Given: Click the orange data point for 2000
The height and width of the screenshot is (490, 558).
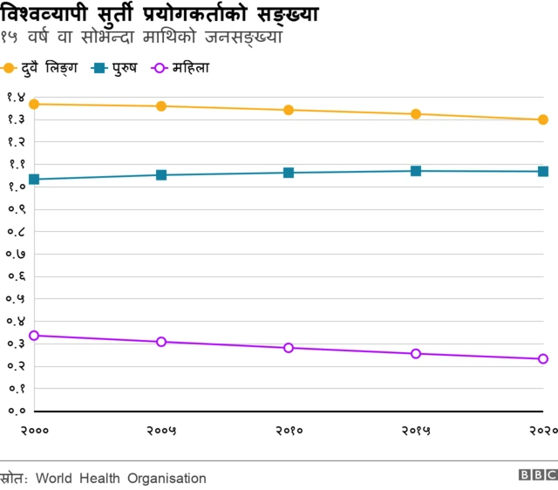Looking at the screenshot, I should coord(34,104).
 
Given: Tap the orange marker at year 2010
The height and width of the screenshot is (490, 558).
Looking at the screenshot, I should coord(289,110).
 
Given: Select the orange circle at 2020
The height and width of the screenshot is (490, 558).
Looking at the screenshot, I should coord(542,119).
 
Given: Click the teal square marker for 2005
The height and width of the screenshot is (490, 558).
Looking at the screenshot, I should coord(161,175).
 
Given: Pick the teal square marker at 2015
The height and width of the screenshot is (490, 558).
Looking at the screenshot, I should coord(416,171).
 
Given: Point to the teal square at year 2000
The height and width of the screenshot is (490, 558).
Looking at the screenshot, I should coord(34,180).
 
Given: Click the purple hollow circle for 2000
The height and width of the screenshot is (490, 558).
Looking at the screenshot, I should coord(34,335).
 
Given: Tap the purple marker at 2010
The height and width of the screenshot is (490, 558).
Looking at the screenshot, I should coord(289,348).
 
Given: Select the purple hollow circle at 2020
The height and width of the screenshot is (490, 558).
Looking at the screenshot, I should coord(542,359).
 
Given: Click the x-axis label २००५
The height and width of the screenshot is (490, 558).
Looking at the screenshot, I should coord(161,430).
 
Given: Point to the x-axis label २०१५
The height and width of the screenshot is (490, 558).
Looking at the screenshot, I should coord(416,430).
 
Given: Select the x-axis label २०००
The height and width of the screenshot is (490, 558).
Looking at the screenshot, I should coord(34,430).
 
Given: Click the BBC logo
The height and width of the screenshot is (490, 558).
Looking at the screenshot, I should coord(538,475).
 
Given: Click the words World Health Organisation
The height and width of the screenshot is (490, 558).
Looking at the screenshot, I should coord(121,478).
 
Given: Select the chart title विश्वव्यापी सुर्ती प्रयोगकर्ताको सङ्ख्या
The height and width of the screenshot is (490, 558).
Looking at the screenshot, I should coord(160,15).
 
